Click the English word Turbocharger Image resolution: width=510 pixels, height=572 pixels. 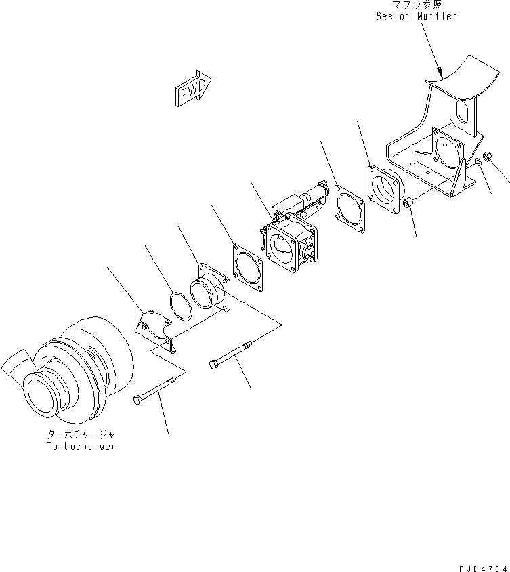pyautogui.click(x=81, y=447)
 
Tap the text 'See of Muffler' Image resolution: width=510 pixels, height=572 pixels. pyautogui.click(x=416, y=15)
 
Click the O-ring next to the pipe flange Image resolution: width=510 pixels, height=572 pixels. pyautogui.click(x=179, y=306)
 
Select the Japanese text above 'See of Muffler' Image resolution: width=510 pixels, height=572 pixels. pyautogui.click(x=416, y=4)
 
